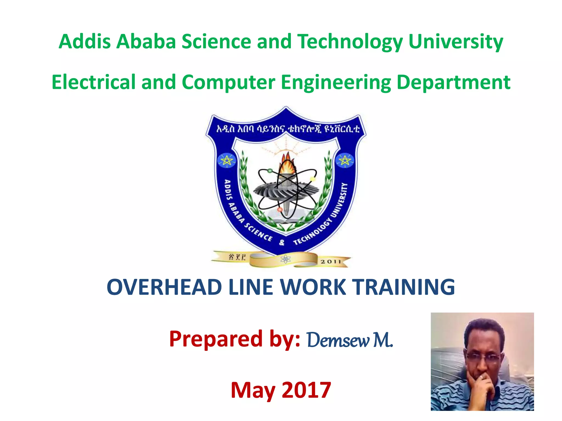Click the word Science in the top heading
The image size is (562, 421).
(216, 42)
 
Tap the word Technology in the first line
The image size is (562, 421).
(350, 42)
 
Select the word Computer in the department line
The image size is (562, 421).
(228, 82)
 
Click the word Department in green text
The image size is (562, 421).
(453, 82)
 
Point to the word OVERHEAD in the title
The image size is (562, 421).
(164, 287)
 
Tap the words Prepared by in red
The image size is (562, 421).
(235, 339)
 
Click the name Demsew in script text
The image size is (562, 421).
(338, 340)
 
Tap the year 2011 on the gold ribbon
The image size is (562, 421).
(331, 262)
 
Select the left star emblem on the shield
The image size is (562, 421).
(227, 161)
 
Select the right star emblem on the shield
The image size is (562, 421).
(345, 161)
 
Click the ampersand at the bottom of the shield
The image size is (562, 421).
(282, 243)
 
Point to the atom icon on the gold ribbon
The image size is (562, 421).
(285, 259)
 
